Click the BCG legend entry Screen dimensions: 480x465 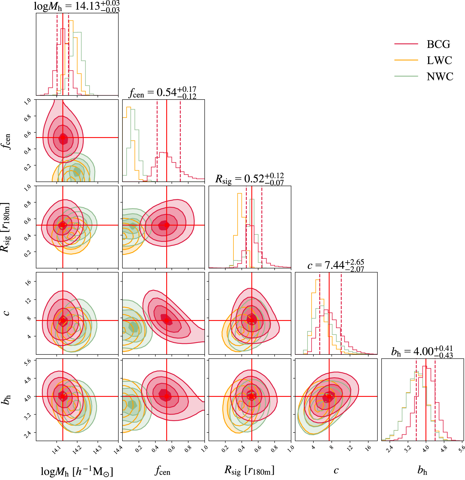click(x=438, y=44)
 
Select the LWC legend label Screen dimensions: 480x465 click(x=439, y=60)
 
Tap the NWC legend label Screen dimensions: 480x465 click(x=440, y=77)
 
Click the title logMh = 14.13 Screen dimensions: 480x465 click(x=77, y=6)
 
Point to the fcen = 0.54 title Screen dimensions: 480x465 click(x=163, y=92)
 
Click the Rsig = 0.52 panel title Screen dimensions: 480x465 click(x=250, y=179)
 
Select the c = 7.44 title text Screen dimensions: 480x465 click(x=336, y=265)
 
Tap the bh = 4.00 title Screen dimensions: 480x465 click(x=422, y=352)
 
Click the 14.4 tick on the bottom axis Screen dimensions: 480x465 click(x=117, y=449)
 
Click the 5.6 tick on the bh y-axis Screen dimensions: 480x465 click(x=28, y=362)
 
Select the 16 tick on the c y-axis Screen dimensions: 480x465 click(x=28, y=282)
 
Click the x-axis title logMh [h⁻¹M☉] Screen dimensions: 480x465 click(x=77, y=471)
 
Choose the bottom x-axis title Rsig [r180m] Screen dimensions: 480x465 click(x=250, y=470)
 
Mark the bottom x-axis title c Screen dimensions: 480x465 click(x=336, y=471)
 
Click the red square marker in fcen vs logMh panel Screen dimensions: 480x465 click(x=63, y=137)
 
